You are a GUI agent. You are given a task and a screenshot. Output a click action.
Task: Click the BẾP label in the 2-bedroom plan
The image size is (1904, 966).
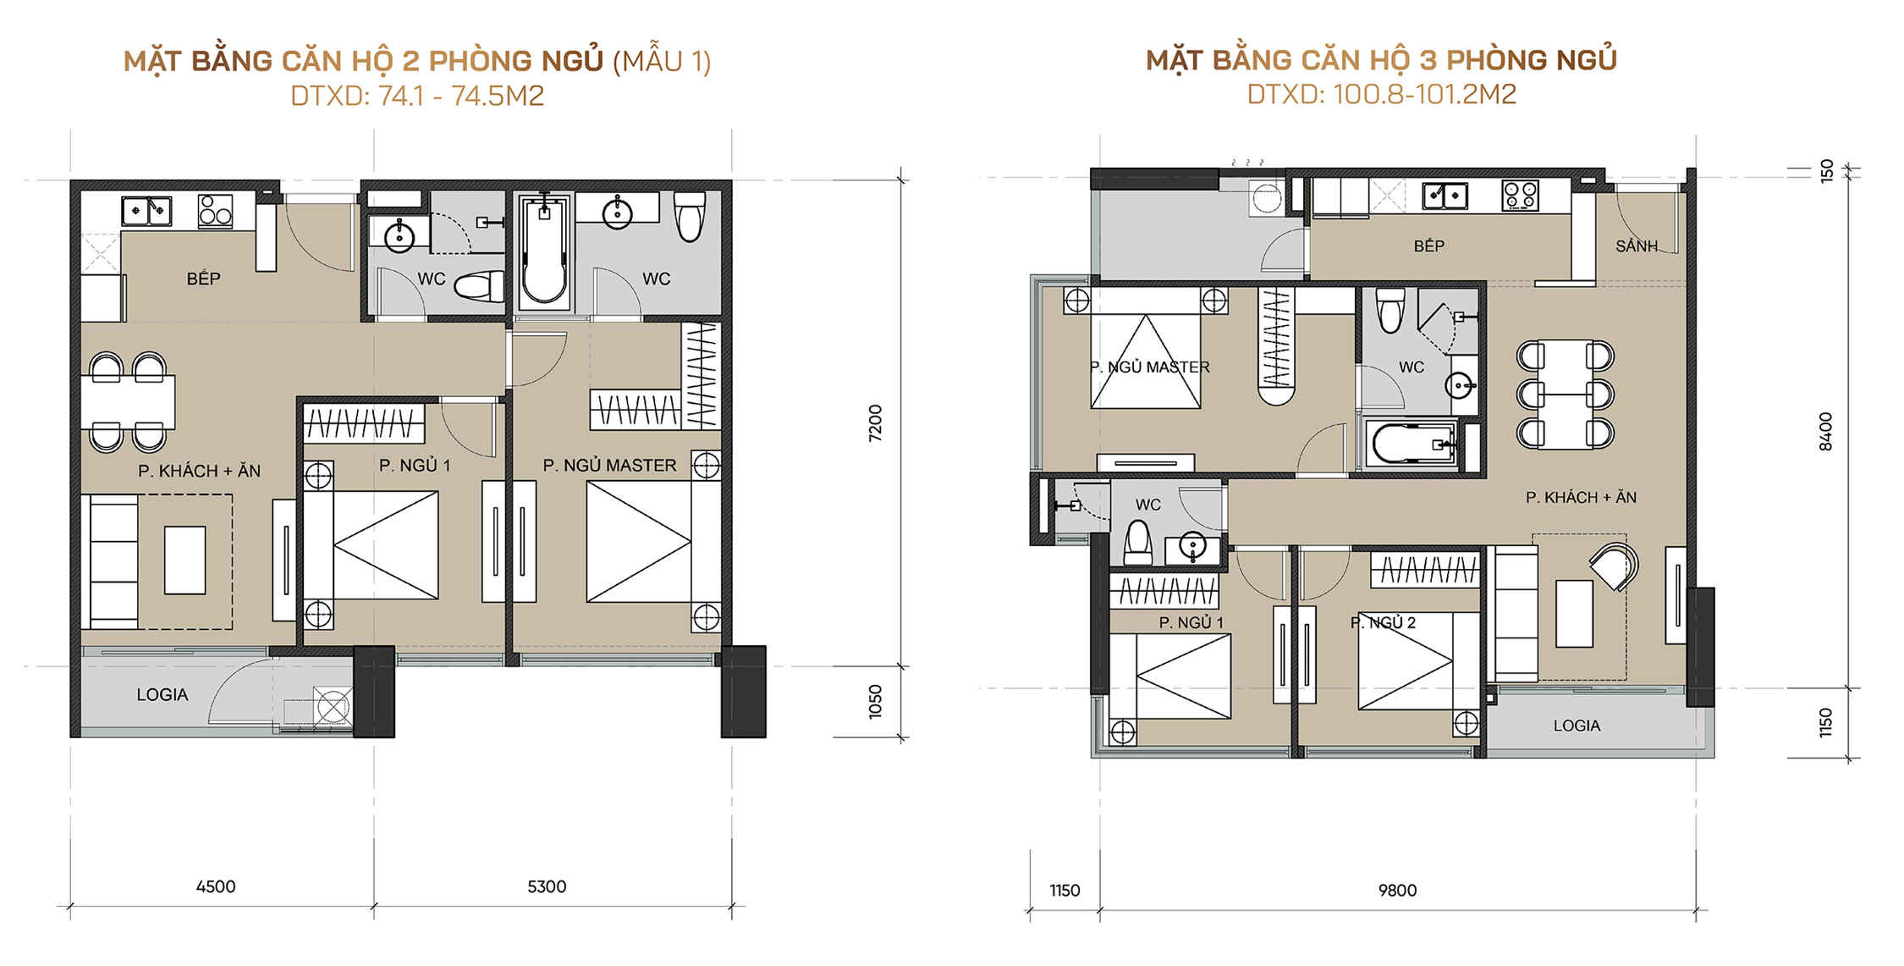pyautogui.click(x=203, y=279)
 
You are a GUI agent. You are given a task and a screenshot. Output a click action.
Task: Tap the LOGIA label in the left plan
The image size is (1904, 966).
pyautogui.click(x=162, y=695)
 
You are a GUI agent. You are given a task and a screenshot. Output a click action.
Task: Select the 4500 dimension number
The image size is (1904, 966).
pyautogui.click(x=216, y=886)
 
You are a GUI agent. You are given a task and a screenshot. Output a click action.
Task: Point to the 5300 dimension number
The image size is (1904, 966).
pyautogui.click(x=547, y=886)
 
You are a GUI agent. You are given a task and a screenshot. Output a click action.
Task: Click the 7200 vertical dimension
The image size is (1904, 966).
pyautogui.click(x=875, y=422)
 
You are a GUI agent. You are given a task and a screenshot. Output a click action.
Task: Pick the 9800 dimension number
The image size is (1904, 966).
pyautogui.click(x=1397, y=890)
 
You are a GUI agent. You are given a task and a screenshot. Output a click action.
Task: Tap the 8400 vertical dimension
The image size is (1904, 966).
pyautogui.click(x=1825, y=431)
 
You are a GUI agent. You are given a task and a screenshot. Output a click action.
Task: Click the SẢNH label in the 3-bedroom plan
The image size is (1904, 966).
pyautogui.click(x=1636, y=246)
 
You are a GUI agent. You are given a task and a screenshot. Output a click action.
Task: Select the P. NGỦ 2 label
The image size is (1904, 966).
pyautogui.click(x=1383, y=623)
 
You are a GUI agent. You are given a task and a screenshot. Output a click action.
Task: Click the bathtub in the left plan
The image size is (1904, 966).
pyautogui.click(x=542, y=251)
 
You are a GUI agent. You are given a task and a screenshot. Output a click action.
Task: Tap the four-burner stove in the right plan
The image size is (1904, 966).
pyautogui.click(x=1520, y=196)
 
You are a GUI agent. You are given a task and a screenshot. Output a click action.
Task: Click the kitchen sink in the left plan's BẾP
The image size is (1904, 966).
pyautogui.click(x=146, y=211)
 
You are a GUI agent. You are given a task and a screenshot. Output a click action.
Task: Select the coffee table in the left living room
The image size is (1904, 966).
pyautogui.click(x=184, y=560)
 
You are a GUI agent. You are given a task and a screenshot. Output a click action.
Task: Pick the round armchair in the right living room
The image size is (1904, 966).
pyautogui.click(x=1614, y=566)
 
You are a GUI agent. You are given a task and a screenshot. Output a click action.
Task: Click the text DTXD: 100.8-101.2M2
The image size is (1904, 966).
pyautogui.click(x=1381, y=94)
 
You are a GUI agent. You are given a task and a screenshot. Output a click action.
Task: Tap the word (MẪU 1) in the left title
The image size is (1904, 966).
pyautogui.click(x=662, y=61)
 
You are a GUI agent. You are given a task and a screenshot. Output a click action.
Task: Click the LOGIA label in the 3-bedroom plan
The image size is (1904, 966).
pyautogui.click(x=1577, y=726)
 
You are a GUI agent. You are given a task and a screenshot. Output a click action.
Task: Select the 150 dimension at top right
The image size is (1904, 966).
pyautogui.click(x=1826, y=170)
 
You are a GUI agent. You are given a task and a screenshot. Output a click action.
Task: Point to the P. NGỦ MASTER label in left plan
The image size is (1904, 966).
pyautogui.click(x=609, y=466)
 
